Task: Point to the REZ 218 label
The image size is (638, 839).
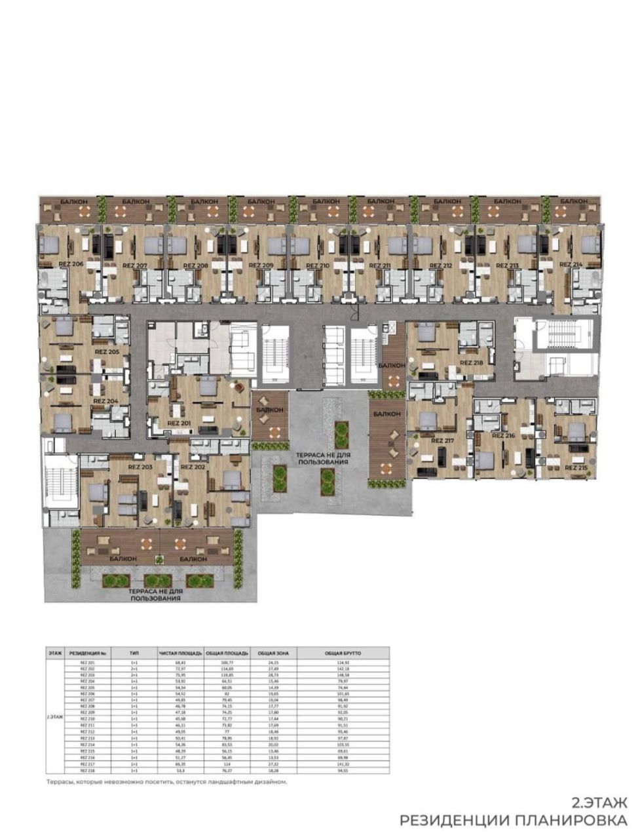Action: coord(471,362)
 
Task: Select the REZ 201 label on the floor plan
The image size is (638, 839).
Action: coord(179,423)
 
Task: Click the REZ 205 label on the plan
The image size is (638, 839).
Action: coord(107,352)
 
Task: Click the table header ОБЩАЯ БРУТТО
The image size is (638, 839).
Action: coord(352,653)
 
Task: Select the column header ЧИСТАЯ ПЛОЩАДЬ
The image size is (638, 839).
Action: coord(181,653)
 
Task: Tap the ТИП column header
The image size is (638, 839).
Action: coord(134,653)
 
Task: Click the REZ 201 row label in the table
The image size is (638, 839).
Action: coord(88,663)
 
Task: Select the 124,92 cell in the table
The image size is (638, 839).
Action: coord(352,663)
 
